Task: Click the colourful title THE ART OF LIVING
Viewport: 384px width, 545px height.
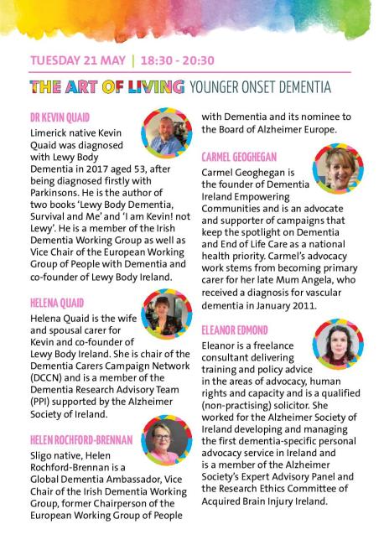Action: (106, 86)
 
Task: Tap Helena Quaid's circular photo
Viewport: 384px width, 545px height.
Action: (168, 314)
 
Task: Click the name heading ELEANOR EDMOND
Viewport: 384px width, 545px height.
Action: (235, 330)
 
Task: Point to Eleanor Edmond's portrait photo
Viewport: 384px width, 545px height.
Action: (337, 344)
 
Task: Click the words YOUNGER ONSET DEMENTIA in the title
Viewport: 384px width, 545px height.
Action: (260, 86)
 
